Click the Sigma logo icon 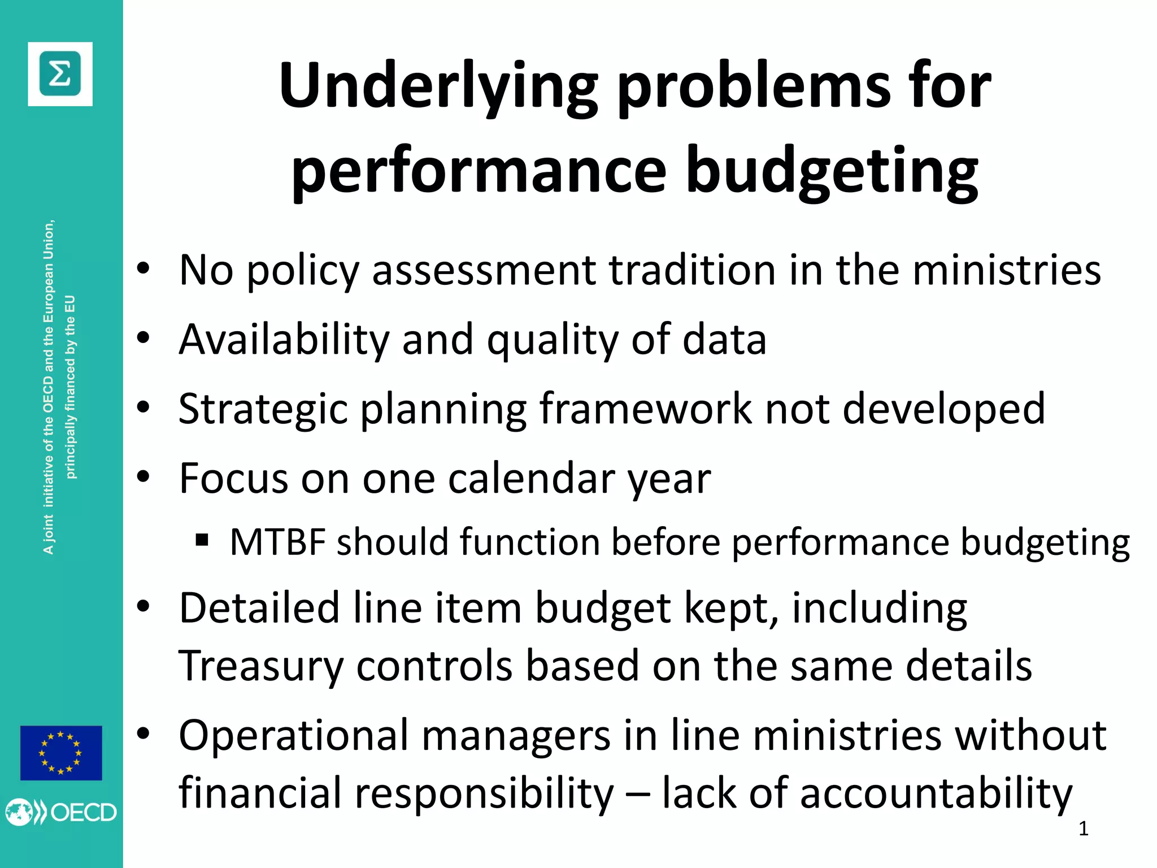coord(60,74)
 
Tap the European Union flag coord(61,753)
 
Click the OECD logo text coord(84,813)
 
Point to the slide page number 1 coord(1083,828)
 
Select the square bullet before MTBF coord(202,541)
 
